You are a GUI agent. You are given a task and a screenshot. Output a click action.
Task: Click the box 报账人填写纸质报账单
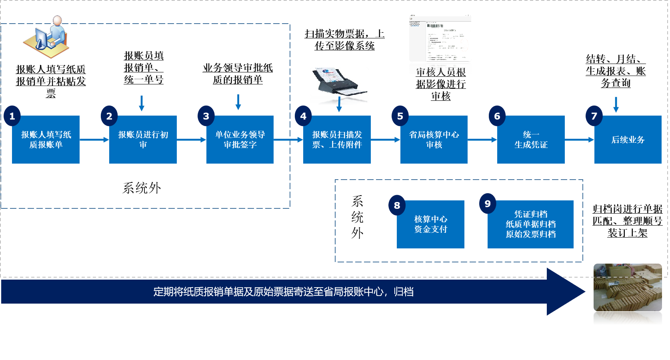point(46,140)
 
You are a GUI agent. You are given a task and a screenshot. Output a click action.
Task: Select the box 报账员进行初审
point(143,140)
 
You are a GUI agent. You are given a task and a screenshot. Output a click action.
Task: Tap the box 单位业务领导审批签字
point(240,140)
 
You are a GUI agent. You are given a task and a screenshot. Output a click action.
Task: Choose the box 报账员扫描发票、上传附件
point(337,140)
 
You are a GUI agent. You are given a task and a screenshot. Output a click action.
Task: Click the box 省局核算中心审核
point(434,140)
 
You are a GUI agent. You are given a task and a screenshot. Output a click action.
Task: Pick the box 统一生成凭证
point(531,140)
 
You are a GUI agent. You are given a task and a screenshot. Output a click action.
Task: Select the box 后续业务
point(628,140)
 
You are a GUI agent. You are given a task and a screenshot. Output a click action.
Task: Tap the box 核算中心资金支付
point(430,224)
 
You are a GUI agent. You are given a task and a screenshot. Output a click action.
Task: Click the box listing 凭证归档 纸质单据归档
point(530,224)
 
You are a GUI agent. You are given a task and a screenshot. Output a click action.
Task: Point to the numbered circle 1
point(12,116)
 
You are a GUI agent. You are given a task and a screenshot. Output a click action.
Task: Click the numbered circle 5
point(400,116)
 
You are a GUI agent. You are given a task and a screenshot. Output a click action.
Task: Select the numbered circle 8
point(397,205)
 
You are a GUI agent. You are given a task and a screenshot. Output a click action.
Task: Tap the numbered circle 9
point(488,204)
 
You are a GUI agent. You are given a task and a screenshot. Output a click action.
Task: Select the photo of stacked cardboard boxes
point(627,294)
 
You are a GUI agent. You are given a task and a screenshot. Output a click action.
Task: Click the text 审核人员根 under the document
point(441,72)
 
